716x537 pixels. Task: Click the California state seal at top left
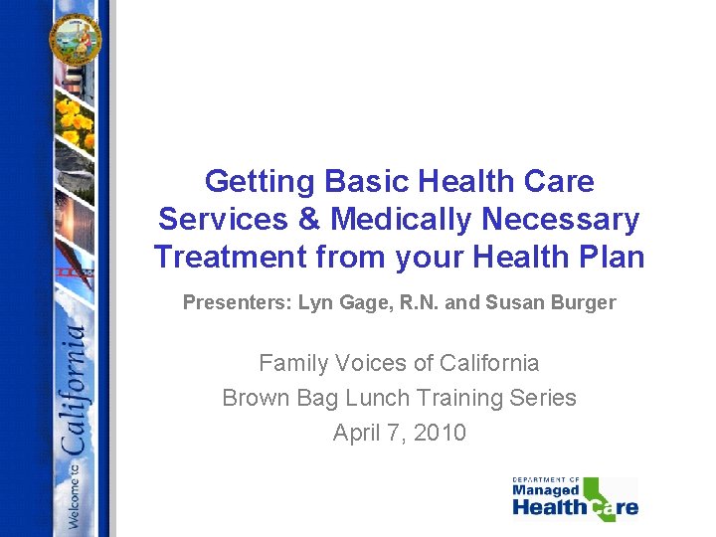coord(76,37)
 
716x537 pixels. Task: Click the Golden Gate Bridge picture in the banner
coord(70,268)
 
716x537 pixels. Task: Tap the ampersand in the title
coord(310,220)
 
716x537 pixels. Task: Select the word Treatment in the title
coord(230,258)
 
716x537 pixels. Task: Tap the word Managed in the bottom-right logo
coord(545,490)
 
